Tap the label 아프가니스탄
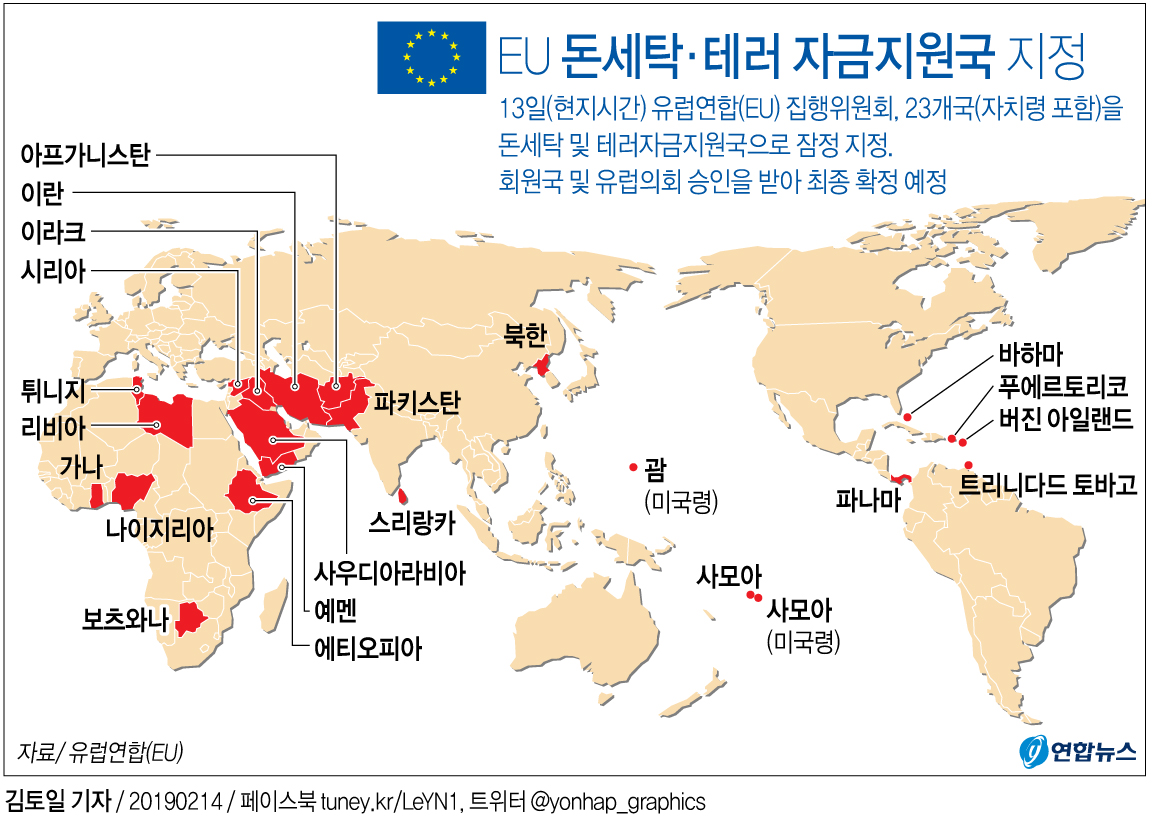click(x=84, y=155)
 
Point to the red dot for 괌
click(x=632, y=468)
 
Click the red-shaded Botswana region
click(x=188, y=619)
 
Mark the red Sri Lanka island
click(x=402, y=496)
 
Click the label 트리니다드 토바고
click(x=1048, y=486)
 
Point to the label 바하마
click(x=1030, y=356)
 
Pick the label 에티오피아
click(x=367, y=649)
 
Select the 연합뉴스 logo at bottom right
click(x=1077, y=751)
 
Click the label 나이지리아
click(x=159, y=529)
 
